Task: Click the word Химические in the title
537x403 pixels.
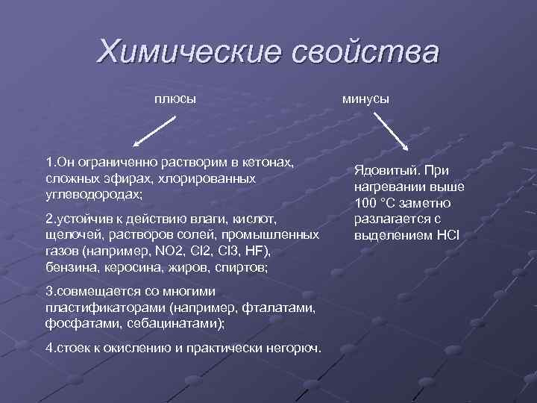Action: tap(188, 52)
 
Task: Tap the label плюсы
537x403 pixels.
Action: tap(175, 99)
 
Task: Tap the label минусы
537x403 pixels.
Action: tap(365, 99)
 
